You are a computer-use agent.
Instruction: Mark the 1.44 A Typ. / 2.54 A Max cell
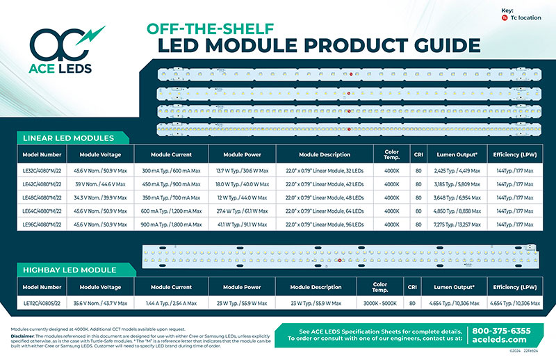coord(166,303)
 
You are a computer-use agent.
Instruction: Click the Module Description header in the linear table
coord(324,154)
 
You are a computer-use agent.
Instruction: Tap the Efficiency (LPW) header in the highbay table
coord(514,286)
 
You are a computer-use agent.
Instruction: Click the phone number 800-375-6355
coord(502,331)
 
